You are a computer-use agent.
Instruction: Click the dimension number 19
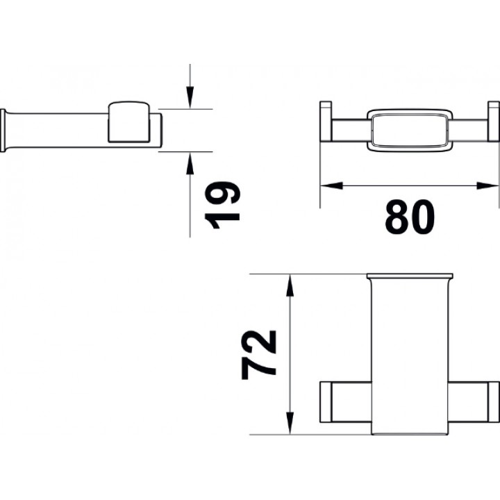click(222, 206)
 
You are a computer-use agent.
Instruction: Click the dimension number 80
click(410, 217)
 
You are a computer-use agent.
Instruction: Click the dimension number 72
click(258, 355)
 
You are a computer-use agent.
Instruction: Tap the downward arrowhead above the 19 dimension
click(190, 97)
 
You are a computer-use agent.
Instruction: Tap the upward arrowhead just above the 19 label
click(190, 163)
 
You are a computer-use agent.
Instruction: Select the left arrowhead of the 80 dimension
click(331, 185)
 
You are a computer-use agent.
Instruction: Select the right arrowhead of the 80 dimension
click(488, 185)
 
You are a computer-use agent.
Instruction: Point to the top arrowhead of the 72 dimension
click(290, 285)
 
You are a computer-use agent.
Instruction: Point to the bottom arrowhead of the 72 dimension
click(290, 423)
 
